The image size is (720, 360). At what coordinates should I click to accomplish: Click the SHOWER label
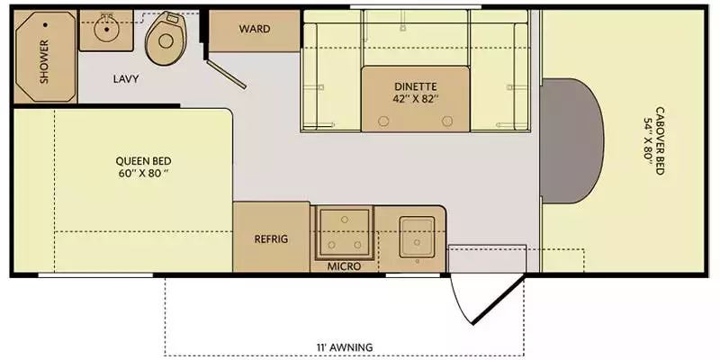43,60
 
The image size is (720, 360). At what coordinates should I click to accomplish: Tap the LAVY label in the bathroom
125,78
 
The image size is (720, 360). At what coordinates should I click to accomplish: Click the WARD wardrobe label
254,29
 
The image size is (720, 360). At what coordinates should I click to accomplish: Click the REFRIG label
271,238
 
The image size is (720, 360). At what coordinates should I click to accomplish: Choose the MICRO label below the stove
343,267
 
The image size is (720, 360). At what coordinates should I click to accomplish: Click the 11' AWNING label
346,347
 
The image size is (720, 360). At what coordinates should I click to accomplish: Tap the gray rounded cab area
571,139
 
